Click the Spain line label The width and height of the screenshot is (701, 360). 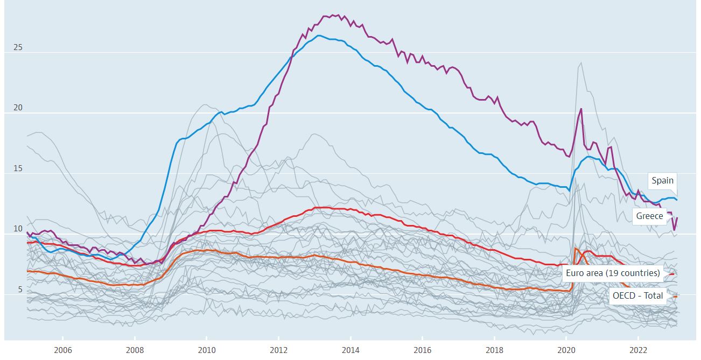662,181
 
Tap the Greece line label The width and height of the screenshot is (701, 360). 649,216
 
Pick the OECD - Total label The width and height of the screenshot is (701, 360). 637,296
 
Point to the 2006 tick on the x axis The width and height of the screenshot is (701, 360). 63,349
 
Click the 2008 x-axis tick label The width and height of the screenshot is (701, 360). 135,349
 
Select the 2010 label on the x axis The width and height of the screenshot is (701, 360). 207,349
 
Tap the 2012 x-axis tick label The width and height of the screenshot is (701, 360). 278,349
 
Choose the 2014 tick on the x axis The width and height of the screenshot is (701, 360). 350,349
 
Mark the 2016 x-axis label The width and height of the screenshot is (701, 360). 423,349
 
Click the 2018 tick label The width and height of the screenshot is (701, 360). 494,349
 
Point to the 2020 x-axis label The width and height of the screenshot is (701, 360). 566,349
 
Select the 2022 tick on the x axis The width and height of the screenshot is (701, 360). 638,349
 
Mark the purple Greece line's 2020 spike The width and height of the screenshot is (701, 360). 581,109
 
